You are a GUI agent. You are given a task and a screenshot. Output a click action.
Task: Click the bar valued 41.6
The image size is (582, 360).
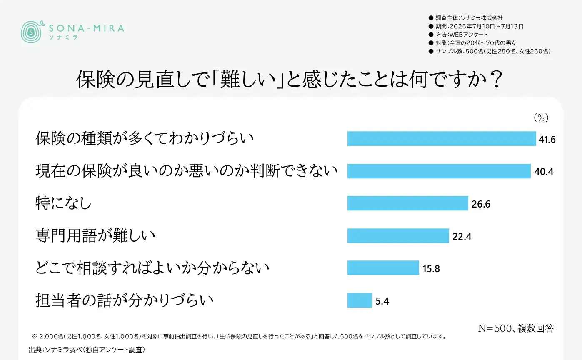coord(442,138)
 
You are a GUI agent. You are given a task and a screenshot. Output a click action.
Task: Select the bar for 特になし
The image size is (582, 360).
coord(408,203)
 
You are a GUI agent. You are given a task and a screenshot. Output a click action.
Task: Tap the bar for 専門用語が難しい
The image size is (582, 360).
coord(398,236)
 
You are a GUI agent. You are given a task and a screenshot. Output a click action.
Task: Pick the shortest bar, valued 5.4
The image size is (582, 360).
coord(360,300)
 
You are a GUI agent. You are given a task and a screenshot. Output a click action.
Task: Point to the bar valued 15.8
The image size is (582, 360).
coord(383,268)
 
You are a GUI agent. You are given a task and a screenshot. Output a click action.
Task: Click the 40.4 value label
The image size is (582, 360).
coord(544,171)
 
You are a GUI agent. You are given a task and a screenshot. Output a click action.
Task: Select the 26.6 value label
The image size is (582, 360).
coord(481,204)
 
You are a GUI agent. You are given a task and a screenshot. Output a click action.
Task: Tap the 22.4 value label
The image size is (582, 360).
coord(462,236)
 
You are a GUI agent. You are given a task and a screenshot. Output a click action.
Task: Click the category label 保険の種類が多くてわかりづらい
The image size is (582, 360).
coord(145,138)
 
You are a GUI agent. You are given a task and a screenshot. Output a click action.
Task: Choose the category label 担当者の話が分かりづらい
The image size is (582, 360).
coord(125,300)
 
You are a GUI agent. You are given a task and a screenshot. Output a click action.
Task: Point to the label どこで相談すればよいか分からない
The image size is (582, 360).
coord(152,268)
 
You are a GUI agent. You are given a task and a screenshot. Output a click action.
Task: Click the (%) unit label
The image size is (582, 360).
coord(541,118)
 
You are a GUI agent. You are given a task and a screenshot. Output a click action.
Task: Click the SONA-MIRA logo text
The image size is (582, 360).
coord(86,28)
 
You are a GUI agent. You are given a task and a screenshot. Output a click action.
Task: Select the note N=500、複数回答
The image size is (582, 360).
coord(516,328)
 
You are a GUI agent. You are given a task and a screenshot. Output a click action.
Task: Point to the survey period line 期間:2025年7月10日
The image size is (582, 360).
coord(479,26)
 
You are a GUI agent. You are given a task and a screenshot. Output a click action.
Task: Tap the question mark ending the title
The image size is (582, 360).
coord(495,80)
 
